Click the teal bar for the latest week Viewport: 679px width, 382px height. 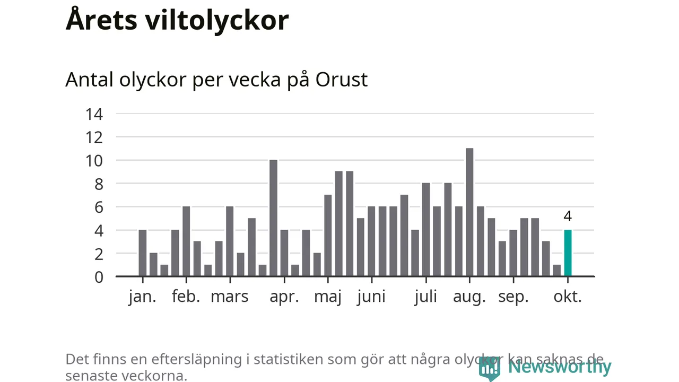coord(568,253)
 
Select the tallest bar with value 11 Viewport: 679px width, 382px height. coord(469,212)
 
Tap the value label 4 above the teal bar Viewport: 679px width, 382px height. coord(568,216)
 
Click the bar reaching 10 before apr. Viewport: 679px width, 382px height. coord(273,218)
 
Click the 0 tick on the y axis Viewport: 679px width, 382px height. coord(99,276)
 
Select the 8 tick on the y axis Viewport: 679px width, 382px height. coord(99,184)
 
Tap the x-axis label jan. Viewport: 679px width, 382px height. coord(142,296)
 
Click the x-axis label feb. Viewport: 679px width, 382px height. coord(186,296)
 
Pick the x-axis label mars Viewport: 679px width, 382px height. coord(229,296)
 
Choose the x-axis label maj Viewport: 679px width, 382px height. coord(327,296)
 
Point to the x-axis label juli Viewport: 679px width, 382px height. coord(425,296)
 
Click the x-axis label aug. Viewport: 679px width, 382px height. coord(469,296)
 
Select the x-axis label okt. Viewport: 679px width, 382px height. coord(568,296)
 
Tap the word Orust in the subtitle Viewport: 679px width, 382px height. coord(341,80)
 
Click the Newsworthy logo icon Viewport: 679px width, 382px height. coord(489,368)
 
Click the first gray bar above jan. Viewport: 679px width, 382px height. coord(142,253)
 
